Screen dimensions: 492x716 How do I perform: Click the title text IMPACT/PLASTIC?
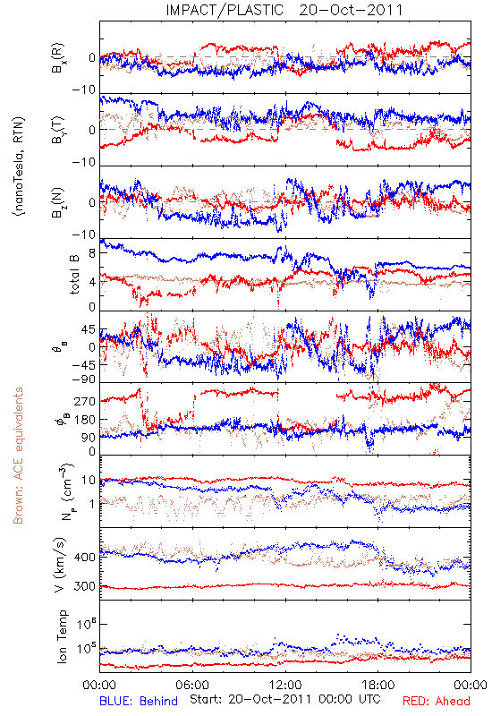225,10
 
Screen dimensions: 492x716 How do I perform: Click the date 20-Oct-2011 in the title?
351,10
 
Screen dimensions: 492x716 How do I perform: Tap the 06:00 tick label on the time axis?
192,685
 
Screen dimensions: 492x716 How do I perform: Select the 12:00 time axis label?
285,685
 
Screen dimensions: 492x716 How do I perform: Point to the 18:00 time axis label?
378,685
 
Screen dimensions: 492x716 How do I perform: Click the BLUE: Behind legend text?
139,701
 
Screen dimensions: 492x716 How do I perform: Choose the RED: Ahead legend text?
436,701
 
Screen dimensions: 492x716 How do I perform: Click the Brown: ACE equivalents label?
18,456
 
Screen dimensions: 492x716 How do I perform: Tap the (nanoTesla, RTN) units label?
19,166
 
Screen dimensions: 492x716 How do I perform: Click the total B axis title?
74,274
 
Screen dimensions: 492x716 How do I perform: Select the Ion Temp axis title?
63,636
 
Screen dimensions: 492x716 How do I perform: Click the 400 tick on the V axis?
84,557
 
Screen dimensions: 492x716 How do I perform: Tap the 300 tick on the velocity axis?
84,586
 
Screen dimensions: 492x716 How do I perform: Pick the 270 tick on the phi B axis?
84,401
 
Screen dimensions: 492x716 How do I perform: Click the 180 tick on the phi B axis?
84,419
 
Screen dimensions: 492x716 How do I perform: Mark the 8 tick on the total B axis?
92,253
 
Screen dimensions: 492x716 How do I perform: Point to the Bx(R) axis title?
58,58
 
